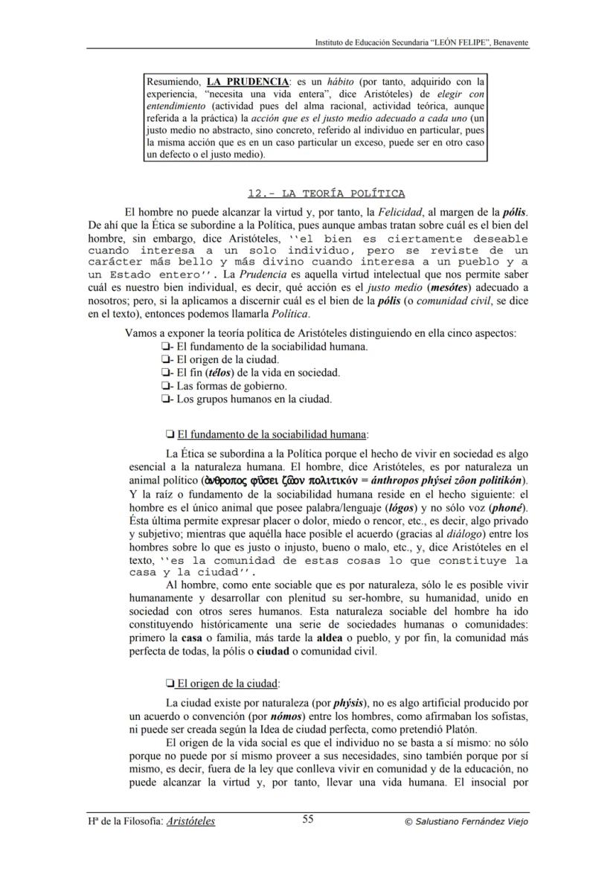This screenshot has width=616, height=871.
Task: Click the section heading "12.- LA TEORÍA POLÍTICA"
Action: (x=326, y=193)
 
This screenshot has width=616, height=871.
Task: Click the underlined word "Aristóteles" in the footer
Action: (x=191, y=821)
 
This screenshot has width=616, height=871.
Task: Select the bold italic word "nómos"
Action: (x=264, y=716)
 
